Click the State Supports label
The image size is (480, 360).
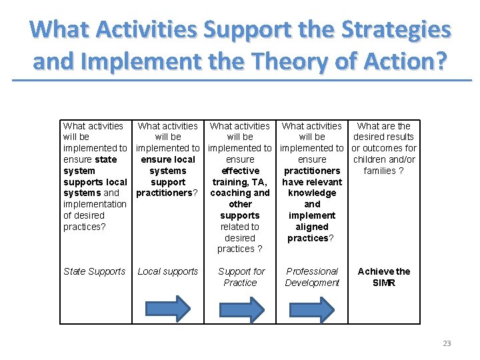(94, 271)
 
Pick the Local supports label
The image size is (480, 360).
(168, 271)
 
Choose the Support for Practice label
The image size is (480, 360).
(241, 277)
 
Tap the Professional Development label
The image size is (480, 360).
(312, 277)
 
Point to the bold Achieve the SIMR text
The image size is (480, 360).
(384, 277)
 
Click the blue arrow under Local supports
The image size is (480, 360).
(168, 309)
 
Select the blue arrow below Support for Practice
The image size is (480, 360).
(240, 309)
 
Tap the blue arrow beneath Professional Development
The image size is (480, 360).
(312, 309)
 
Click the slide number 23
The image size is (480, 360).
(447, 343)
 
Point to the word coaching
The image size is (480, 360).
(229, 193)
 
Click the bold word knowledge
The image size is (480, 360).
(312, 193)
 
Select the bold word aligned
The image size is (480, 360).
(312, 227)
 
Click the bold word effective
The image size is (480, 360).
(240, 171)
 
